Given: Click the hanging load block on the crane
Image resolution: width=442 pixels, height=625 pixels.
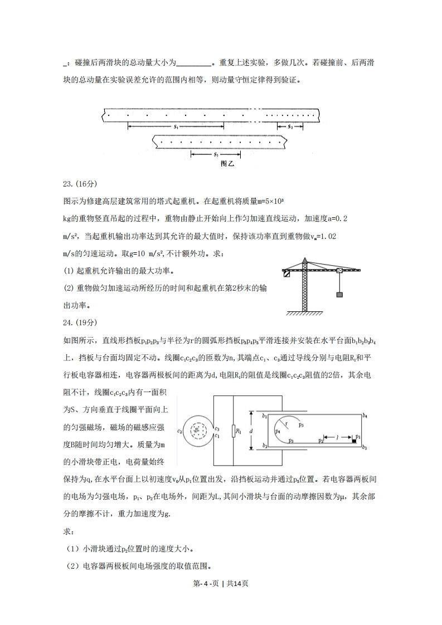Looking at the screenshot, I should point(339,295).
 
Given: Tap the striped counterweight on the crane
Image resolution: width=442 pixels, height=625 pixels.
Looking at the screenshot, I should point(286,273).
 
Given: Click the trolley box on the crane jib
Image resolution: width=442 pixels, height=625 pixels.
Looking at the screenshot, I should point(339,271).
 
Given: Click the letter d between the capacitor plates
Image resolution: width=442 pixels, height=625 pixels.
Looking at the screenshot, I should point(252,431).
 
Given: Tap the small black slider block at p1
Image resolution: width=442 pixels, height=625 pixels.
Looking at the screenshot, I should point(354,442).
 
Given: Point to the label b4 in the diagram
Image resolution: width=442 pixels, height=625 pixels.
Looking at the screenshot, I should point(364,416).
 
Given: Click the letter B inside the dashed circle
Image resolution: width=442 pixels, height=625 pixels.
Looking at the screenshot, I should point(196,431).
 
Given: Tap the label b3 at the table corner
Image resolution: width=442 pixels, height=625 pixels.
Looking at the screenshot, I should point(364,447).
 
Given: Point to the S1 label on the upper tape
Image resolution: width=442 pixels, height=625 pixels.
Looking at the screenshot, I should point(175,128).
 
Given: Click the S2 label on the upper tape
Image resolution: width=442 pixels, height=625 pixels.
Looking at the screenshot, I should point(290,128).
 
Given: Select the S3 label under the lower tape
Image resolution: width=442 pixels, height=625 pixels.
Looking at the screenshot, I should point(216,154).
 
